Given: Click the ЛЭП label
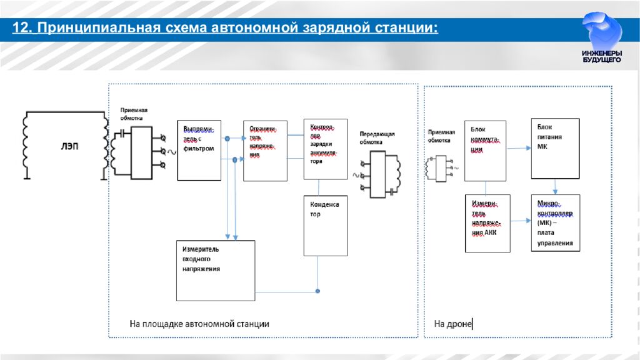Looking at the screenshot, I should [69, 146].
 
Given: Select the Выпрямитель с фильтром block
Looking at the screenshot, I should [199, 150].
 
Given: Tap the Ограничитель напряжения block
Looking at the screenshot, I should [265, 151].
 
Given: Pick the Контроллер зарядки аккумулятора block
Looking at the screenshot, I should [325, 148].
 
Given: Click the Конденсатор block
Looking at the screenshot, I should [325, 225].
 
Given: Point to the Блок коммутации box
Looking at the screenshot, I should [485, 151].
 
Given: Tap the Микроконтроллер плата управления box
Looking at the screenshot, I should [555, 222].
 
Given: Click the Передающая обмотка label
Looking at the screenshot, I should [377, 137].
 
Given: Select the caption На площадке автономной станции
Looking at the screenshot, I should [199, 324].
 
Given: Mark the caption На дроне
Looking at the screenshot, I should [452, 324].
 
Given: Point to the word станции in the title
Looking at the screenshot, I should [406, 29].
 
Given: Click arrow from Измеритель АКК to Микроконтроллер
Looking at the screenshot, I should [520, 221].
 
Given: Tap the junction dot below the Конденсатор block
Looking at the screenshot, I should [317, 291].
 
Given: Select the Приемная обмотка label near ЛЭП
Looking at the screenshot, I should [134, 113].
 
